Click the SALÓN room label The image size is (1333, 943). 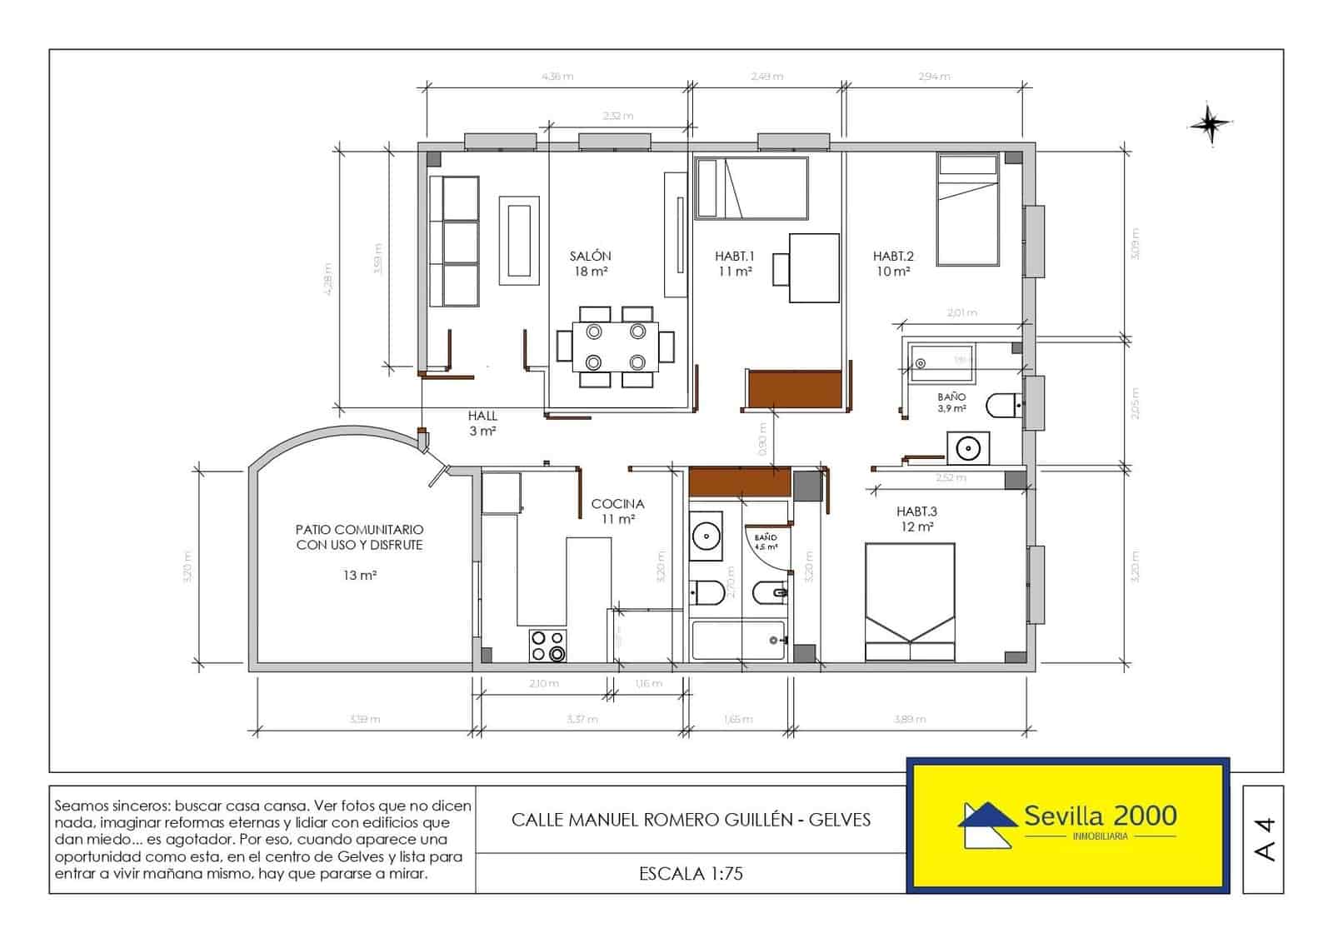click(x=591, y=257)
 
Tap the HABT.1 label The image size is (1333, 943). click(x=734, y=257)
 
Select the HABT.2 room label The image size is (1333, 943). click(x=893, y=257)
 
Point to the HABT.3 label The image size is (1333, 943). click(x=916, y=511)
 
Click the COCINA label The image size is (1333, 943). click(x=617, y=504)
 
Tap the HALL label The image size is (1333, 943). click(x=482, y=416)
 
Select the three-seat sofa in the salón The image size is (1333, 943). click(x=454, y=241)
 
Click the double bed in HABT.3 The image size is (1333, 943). click(x=910, y=601)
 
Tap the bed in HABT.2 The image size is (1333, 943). click(x=967, y=209)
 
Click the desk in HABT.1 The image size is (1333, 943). click(x=814, y=267)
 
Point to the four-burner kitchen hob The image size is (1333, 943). click(x=548, y=646)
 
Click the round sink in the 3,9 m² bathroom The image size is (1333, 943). click(x=967, y=448)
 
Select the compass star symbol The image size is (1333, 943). click(x=1209, y=125)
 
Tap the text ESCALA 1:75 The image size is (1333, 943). click(x=691, y=874)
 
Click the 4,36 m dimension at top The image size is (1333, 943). click(x=557, y=77)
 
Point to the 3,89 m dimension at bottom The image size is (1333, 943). click(x=909, y=719)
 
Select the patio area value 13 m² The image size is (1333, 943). click(x=360, y=576)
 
